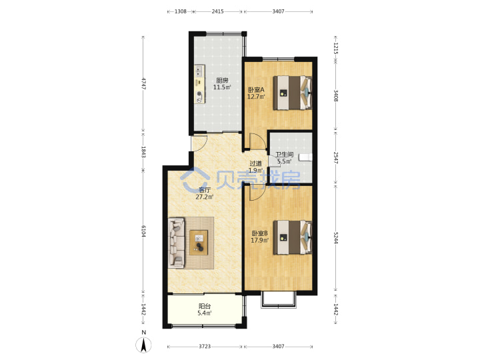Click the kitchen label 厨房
[x=222, y=81]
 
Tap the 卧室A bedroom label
[x=256, y=90]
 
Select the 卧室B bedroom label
[x=259, y=233]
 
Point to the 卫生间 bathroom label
[x=285, y=155]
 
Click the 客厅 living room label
[x=205, y=190]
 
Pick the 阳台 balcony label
[x=205, y=306]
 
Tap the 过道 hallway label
[x=255, y=164]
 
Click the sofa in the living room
[x=177, y=243]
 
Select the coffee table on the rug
[x=199, y=243]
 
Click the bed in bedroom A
[x=293, y=93]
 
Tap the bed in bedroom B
[x=293, y=237]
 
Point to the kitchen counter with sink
[x=200, y=84]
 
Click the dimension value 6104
[x=143, y=231]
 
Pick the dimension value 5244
[x=336, y=237]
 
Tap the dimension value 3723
[x=205, y=347]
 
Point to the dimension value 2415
[x=217, y=11]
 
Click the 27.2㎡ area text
[x=205, y=197]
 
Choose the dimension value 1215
[x=336, y=49]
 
